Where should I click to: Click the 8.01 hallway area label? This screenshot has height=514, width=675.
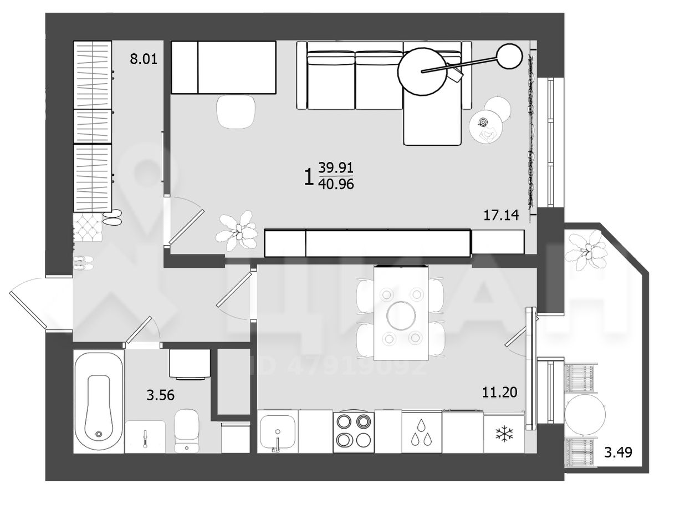[x=144, y=59]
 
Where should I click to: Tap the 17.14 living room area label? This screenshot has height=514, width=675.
[x=501, y=215]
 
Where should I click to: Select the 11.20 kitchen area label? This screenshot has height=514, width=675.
[x=500, y=392]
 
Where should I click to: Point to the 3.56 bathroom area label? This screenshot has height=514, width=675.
[x=160, y=395]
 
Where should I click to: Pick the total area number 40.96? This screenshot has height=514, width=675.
[x=336, y=184]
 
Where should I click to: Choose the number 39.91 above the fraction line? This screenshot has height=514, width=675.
[x=336, y=168]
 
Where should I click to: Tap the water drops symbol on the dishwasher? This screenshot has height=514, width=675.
[x=422, y=432]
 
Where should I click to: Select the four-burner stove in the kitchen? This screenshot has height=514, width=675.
[x=354, y=432]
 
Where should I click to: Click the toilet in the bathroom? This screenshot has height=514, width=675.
[x=186, y=431]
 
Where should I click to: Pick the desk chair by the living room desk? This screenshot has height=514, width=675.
[x=236, y=111]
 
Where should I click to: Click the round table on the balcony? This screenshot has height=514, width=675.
[x=585, y=414]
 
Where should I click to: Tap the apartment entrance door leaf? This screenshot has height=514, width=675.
[x=28, y=310]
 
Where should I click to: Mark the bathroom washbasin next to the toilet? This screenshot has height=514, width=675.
[x=145, y=437]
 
